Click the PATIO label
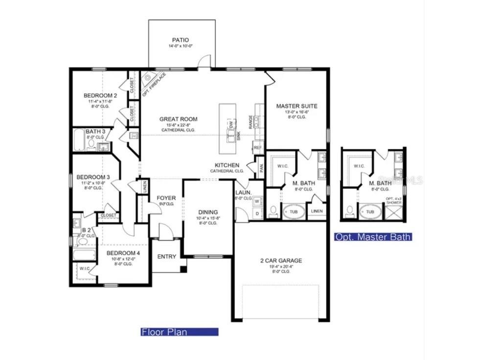[x=180, y=40]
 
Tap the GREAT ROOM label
[x=178, y=119]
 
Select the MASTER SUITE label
[x=297, y=106]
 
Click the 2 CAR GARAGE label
[x=281, y=261]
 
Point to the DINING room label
[x=208, y=212]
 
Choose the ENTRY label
[x=167, y=257]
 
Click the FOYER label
[x=166, y=198]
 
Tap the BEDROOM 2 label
[x=100, y=95]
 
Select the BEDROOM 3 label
[x=92, y=177]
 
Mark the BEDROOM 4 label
[x=123, y=253]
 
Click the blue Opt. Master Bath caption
[x=373, y=237]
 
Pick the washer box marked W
[x=257, y=201]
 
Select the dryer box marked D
[x=257, y=213]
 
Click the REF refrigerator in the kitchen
[x=257, y=147]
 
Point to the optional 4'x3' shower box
[x=393, y=211]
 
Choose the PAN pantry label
[x=261, y=168]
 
